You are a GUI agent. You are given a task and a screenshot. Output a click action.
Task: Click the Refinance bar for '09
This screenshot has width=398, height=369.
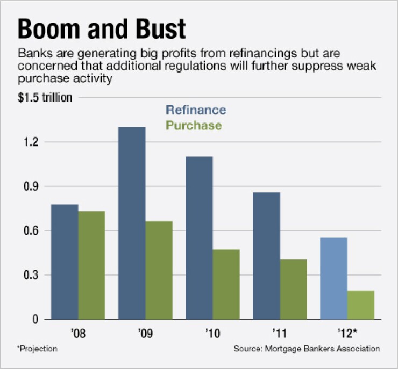point(132,223)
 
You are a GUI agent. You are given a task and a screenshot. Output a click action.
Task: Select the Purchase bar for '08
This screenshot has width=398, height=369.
point(91,265)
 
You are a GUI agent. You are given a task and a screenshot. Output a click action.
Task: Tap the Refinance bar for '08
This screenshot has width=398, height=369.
point(65,262)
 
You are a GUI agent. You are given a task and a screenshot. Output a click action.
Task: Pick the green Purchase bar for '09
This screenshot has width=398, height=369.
point(159,270)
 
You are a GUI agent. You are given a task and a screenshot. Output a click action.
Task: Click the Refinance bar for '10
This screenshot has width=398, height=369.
point(199,237)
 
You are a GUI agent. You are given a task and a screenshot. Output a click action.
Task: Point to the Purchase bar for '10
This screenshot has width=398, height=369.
point(226,284)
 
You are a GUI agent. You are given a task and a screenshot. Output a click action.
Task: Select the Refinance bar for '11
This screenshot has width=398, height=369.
point(266,256)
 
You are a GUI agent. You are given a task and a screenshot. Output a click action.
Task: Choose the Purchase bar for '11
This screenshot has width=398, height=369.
point(293,290)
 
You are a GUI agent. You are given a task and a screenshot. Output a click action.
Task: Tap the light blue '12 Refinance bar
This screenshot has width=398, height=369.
point(333,278)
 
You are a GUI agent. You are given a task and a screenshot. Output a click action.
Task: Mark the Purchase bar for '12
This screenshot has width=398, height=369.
point(360,305)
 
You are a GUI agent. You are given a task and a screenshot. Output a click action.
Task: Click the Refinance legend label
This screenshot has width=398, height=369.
point(196,110)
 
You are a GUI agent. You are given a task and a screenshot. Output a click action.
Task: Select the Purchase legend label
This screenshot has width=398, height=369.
point(194,125)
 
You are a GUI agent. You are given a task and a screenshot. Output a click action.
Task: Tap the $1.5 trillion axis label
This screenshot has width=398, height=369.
point(45,98)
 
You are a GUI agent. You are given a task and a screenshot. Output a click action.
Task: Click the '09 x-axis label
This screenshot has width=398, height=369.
point(145,332)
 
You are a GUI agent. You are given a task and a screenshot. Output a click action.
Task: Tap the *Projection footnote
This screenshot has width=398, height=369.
point(37,349)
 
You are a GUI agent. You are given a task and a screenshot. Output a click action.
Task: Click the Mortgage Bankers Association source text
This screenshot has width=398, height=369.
point(321,349)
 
